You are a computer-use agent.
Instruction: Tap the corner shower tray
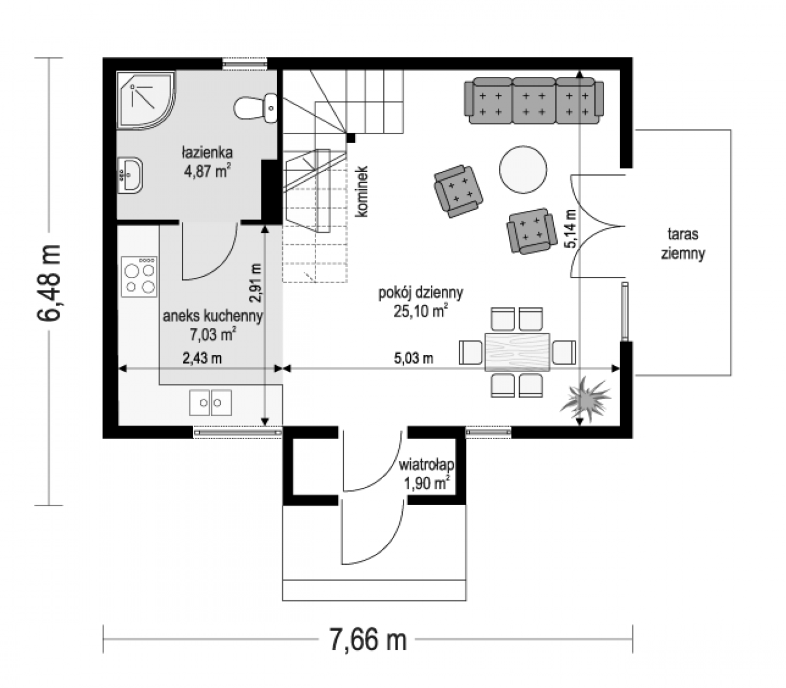pos(146,99)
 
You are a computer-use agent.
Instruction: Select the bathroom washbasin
pos(130,175)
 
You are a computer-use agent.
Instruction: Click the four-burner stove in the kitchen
pos(139,277)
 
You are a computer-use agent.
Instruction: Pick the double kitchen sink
pos(211,402)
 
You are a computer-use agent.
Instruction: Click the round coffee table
pos(523,170)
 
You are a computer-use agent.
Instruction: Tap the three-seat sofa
pos(534,100)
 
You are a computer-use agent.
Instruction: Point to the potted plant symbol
pos(584,399)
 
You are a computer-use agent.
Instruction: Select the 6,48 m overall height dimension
pos(48,282)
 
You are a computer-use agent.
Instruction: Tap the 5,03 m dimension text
pos(414,358)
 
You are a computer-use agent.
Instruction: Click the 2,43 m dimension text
pos(202,358)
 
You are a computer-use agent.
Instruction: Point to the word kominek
pos(361,191)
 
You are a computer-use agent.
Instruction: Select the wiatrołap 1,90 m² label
pos(426,474)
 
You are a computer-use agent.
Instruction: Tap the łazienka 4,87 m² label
pos(208,162)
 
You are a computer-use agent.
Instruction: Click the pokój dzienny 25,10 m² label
pos(421,302)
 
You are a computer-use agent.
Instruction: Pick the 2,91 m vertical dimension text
pos(255,282)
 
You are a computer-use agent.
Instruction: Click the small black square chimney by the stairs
pos(351,138)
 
